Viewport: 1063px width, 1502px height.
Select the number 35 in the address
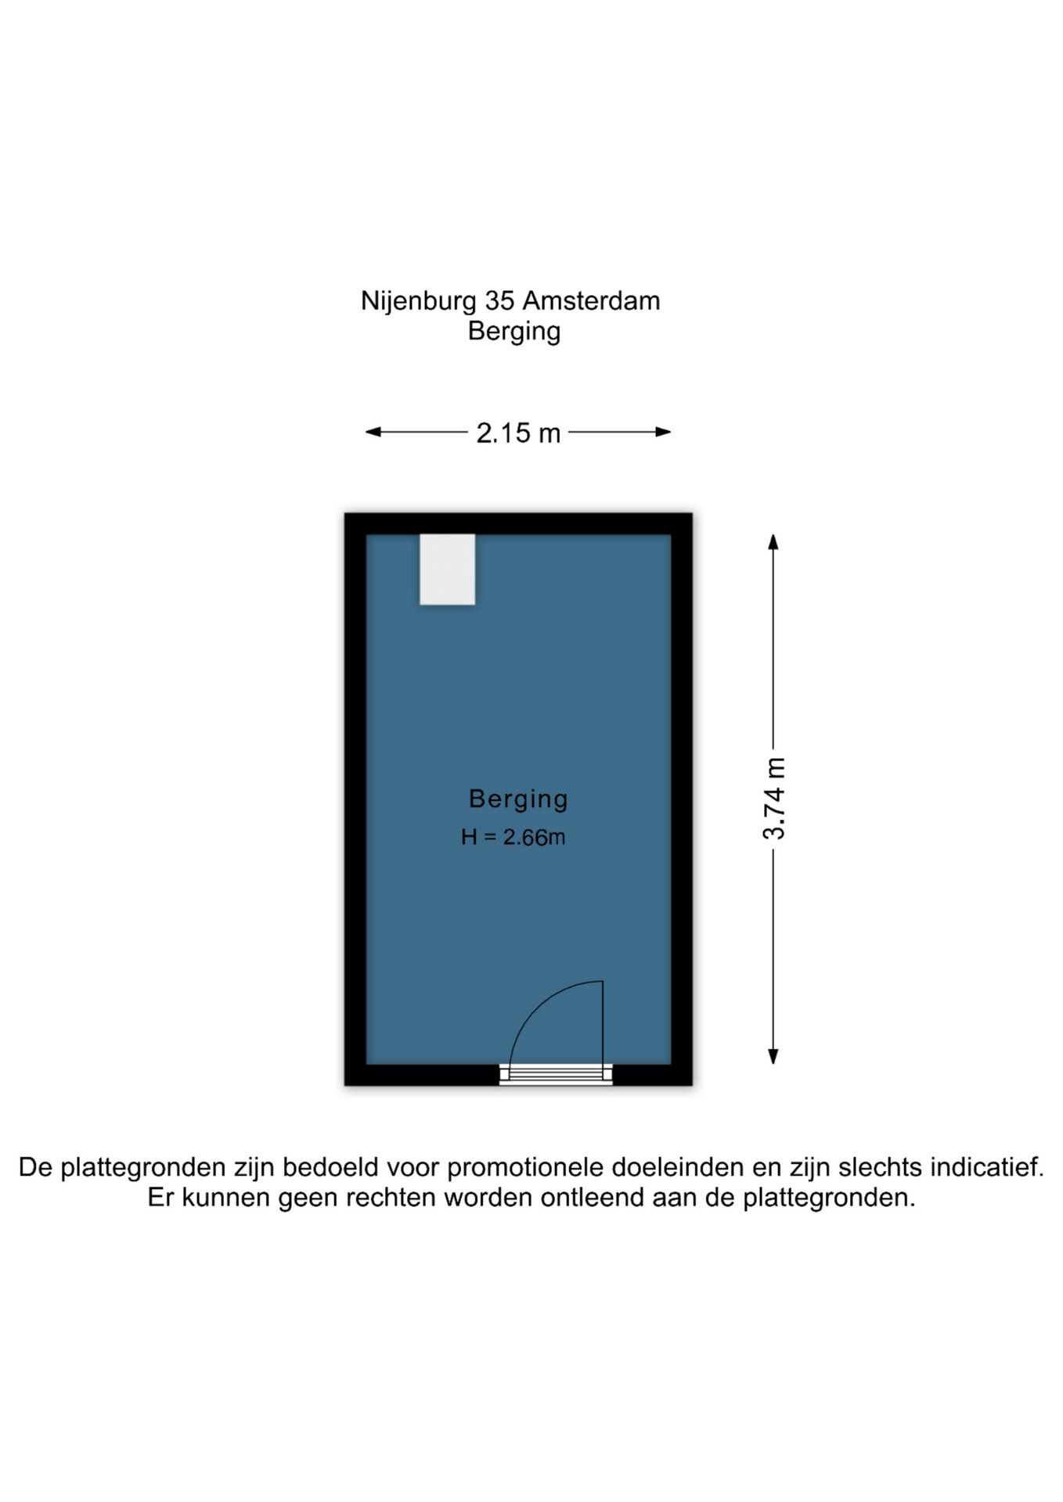point(499,300)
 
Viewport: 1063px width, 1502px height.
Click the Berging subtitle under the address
point(514,332)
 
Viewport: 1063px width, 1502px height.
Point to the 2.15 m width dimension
point(518,433)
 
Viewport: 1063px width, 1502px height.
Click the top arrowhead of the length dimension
point(773,541)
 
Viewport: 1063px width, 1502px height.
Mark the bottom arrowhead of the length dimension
point(773,1056)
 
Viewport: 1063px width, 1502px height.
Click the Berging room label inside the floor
point(518,799)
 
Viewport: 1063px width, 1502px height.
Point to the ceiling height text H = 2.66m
point(513,837)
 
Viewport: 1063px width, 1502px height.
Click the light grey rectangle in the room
point(447,569)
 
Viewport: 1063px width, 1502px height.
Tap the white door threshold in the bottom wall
point(556,1075)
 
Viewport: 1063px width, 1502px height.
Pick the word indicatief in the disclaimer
point(987,1167)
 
